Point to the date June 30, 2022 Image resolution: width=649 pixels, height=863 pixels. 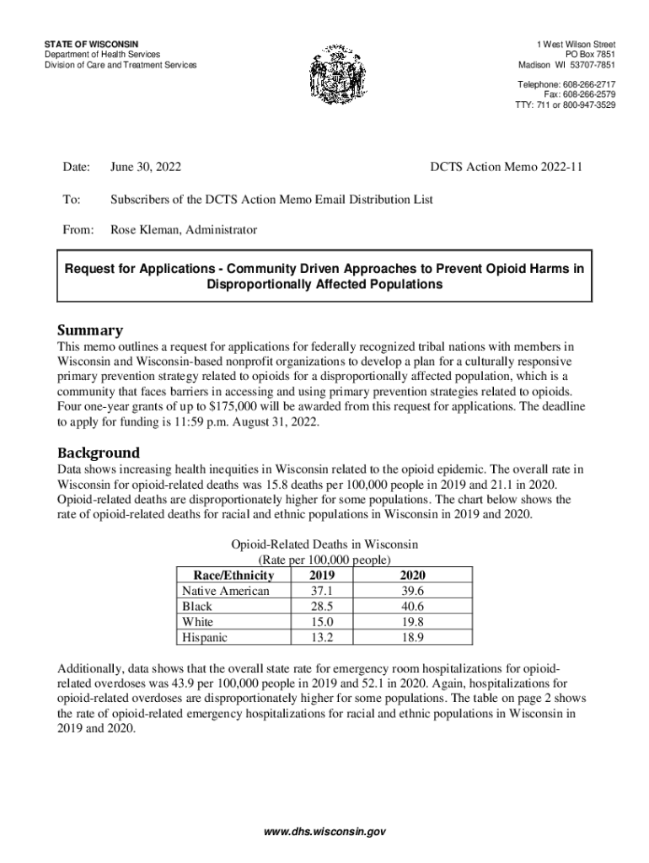pos(146,168)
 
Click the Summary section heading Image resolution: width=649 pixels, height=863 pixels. pos(89,330)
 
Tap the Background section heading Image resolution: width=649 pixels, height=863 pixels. pos(98,453)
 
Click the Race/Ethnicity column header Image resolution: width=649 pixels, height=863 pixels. pos(228,576)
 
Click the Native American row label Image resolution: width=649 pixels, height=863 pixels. pos(226,591)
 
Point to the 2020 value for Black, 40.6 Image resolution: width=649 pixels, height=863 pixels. pos(414,607)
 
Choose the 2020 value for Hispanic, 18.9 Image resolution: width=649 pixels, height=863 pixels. pos(414,638)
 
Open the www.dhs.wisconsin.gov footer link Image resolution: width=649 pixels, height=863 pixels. pos(324,831)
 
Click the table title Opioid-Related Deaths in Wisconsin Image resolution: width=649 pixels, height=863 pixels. pos(324,544)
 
